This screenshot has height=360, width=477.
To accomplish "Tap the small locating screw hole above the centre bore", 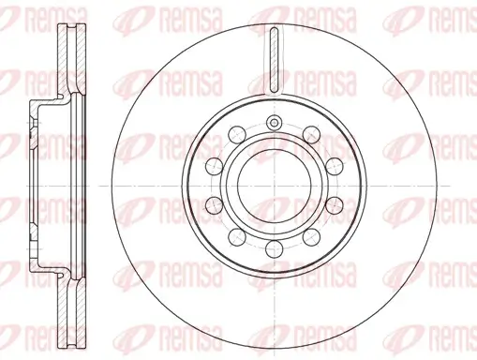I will tap(274, 124).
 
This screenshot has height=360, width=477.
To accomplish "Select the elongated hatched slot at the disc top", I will tap(274, 58).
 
